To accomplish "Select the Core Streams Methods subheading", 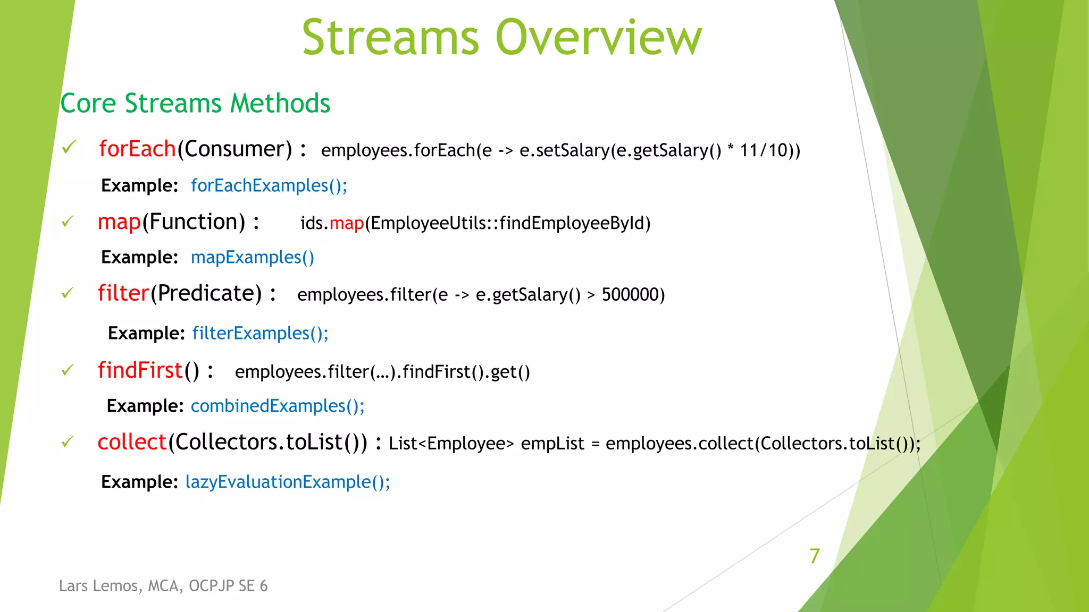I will [x=195, y=103].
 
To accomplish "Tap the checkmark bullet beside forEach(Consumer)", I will [x=69, y=147].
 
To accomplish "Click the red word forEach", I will [x=137, y=149].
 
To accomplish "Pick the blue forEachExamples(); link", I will [x=269, y=185].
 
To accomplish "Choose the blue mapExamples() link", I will [x=253, y=257].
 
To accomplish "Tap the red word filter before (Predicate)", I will [x=123, y=293].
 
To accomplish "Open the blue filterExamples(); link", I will [x=260, y=333].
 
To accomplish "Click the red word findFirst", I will [x=140, y=370].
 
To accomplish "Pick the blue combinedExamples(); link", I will [x=278, y=406].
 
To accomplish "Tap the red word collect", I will [x=132, y=442].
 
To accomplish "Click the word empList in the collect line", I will [x=552, y=443].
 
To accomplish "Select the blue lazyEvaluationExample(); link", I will [x=288, y=482].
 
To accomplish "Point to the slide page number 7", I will [x=815, y=556].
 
